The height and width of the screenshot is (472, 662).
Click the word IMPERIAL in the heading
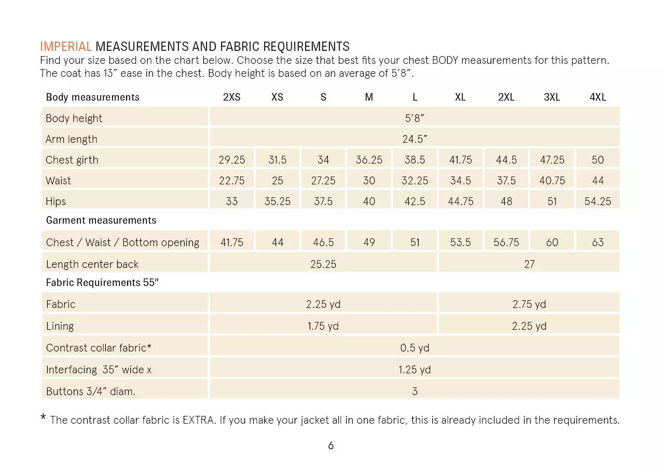click(66, 47)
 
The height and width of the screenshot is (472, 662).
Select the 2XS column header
click(231, 97)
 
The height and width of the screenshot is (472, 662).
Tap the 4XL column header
click(598, 97)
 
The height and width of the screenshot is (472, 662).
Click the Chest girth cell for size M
click(369, 160)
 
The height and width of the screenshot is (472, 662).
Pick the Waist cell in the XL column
click(460, 181)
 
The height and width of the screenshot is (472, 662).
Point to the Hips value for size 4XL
click(598, 201)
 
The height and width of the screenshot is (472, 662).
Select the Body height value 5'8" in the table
click(415, 118)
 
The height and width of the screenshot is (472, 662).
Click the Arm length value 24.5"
click(415, 139)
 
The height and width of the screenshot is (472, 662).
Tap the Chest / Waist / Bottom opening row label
click(122, 242)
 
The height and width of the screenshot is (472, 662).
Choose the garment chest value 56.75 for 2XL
click(506, 242)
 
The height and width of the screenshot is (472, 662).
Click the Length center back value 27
click(529, 264)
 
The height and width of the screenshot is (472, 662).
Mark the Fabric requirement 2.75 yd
click(529, 304)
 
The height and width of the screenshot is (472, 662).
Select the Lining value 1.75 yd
click(323, 326)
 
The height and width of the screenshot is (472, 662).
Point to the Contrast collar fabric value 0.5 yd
click(415, 348)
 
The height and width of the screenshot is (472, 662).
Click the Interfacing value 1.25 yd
click(415, 370)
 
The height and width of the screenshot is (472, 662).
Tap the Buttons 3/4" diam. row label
click(91, 392)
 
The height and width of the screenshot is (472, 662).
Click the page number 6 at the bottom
click(331, 446)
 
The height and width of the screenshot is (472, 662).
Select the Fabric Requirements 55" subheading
click(102, 283)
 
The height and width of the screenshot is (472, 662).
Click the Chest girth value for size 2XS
click(231, 160)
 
